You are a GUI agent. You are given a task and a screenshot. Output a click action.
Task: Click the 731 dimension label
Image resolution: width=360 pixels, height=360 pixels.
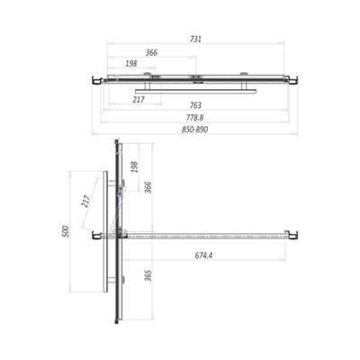(x=195, y=39)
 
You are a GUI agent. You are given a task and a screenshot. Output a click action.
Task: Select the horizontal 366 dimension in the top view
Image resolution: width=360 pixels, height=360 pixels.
(x=151, y=53)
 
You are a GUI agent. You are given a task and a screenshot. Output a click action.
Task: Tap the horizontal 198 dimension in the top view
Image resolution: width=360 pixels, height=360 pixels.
(x=131, y=64)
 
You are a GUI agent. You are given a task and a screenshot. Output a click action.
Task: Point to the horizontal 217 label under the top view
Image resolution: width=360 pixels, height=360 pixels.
(x=138, y=99)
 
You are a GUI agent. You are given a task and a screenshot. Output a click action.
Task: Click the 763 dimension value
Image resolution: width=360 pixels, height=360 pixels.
(x=195, y=105)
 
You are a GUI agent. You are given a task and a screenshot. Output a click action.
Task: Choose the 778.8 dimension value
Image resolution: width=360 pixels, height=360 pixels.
(x=195, y=117)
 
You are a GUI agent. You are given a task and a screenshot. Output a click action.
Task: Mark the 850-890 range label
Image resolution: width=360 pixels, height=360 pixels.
(x=195, y=129)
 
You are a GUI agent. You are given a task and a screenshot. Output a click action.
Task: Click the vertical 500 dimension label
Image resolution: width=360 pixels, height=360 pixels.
(x=65, y=231)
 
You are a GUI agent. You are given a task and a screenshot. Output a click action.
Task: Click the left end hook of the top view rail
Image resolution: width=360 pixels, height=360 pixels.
(x=95, y=81)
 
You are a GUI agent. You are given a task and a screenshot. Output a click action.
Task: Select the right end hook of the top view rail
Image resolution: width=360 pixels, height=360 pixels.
(x=291, y=81)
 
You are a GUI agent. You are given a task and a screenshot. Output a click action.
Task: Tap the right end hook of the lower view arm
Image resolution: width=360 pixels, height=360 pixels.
(x=291, y=236)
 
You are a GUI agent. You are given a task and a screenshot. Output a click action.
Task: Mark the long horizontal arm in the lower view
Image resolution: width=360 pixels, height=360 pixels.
(x=207, y=237)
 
